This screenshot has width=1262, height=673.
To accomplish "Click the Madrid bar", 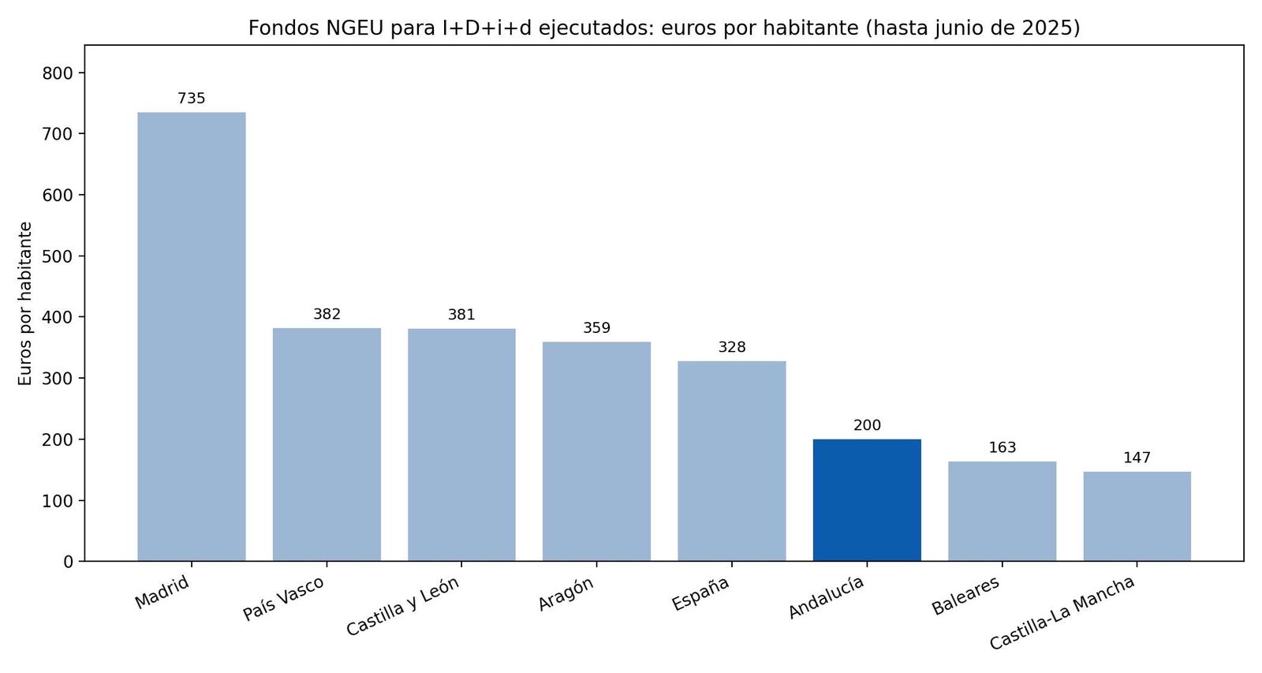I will (x=192, y=337).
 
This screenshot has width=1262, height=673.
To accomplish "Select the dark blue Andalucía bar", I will (x=867, y=500).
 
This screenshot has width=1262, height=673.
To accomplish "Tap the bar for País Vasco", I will (x=327, y=444).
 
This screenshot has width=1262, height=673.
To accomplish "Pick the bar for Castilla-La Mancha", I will (x=1137, y=516).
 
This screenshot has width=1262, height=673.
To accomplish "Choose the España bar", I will (x=732, y=461).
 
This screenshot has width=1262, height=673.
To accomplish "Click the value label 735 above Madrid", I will (x=192, y=99).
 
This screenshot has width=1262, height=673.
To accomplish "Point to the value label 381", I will (x=461, y=315).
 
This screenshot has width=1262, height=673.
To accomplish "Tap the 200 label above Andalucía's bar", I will (x=867, y=425).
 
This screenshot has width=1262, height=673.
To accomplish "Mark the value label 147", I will (x=1137, y=458).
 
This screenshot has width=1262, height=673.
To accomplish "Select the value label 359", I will (x=596, y=328).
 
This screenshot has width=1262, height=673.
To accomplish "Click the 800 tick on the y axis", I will (x=58, y=73).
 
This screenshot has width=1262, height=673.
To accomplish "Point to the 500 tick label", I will (x=58, y=256).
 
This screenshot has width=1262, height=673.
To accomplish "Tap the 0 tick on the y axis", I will (x=69, y=562).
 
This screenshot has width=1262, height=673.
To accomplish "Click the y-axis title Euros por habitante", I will (x=25, y=304).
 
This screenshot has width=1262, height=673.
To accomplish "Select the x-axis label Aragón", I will (x=566, y=594).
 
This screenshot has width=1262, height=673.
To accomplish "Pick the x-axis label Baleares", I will (x=965, y=596).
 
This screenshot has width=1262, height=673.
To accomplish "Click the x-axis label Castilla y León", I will (x=403, y=607).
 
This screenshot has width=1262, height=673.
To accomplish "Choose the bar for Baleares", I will (x=1002, y=511).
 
